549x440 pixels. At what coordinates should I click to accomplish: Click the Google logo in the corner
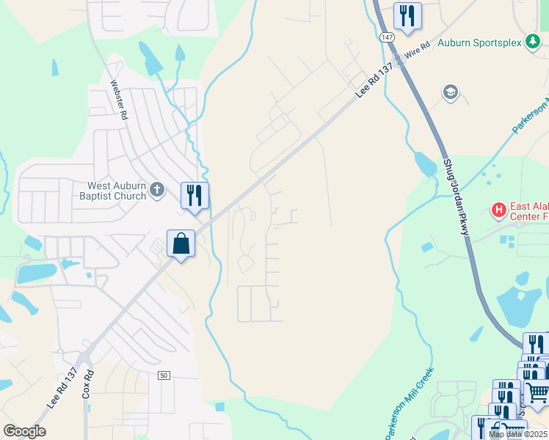[x=24, y=431]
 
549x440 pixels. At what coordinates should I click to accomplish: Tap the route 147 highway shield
[x=387, y=36]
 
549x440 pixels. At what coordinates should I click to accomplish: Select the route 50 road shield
[x=164, y=375]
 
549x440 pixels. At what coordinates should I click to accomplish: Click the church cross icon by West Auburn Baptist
[x=156, y=191]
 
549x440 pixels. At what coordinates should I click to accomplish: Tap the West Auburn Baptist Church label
[x=117, y=191]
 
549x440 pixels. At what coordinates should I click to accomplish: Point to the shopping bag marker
[x=181, y=243]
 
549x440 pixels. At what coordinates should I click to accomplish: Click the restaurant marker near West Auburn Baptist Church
[x=194, y=195]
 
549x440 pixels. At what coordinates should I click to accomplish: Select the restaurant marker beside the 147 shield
[x=407, y=16]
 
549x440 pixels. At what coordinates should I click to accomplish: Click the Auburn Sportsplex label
[x=479, y=43]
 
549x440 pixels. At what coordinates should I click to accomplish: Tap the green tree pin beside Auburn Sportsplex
[x=534, y=42]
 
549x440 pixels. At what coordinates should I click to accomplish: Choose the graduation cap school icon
[x=450, y=92]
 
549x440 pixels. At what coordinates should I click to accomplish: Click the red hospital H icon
[x=499, y=211]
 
